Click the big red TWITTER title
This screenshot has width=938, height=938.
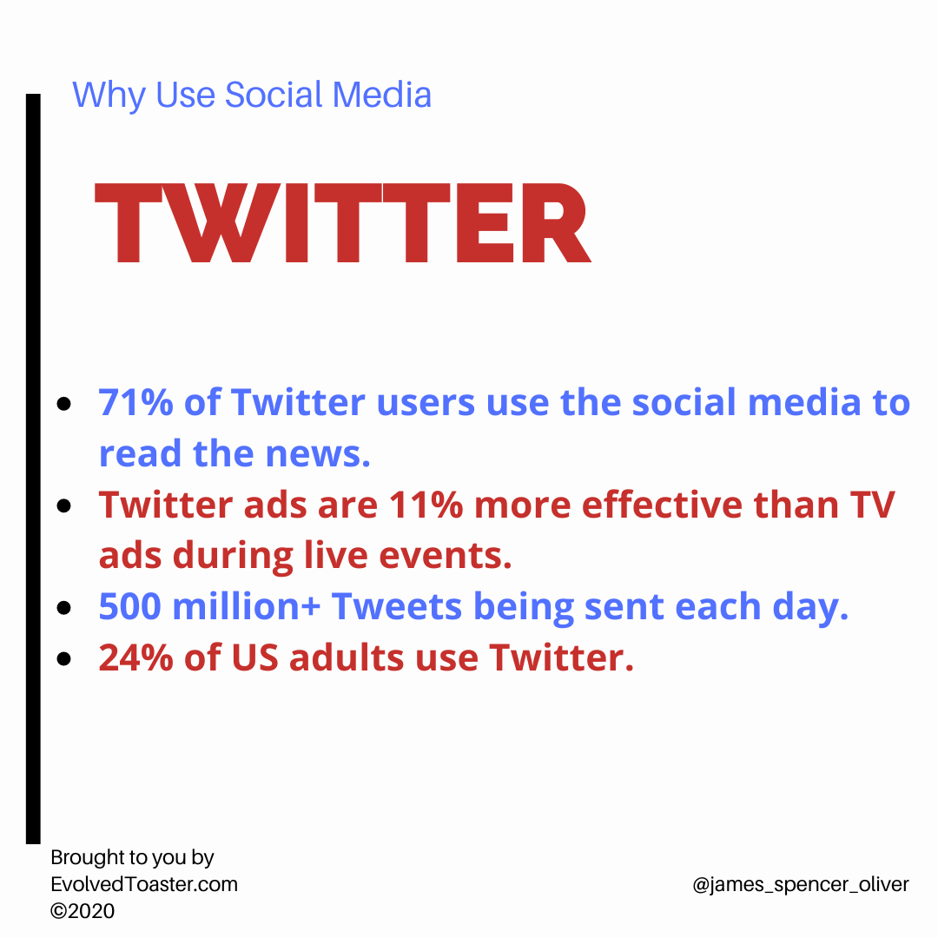(x=343, y=222)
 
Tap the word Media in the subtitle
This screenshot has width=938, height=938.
(x=381, y=95)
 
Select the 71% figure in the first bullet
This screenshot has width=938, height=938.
(x=135, y=402)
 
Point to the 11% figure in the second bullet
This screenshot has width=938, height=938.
(x=426, y=505)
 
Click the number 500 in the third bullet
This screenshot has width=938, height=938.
(x=129, y=606)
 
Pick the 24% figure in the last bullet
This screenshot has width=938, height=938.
(x=135, y=657)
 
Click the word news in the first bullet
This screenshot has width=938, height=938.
(x=318, y=454)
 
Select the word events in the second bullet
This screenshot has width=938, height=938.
(x=446, y=556)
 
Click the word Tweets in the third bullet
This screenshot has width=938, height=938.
(x=397, y=606)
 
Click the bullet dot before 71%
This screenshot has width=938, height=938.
(x=63, y=404)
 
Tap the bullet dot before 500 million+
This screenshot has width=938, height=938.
(x=63, y=608)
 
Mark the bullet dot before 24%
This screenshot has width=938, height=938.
(x=63, y=658)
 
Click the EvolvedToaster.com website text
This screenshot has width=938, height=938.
(x=144, y=884)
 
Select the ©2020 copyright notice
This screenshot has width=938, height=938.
(x=83, y=910)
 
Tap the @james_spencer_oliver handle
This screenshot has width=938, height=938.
(x=801, y=885)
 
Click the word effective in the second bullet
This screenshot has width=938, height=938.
(x=662, y=505)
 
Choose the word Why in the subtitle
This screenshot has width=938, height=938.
(x=109, y=96)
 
